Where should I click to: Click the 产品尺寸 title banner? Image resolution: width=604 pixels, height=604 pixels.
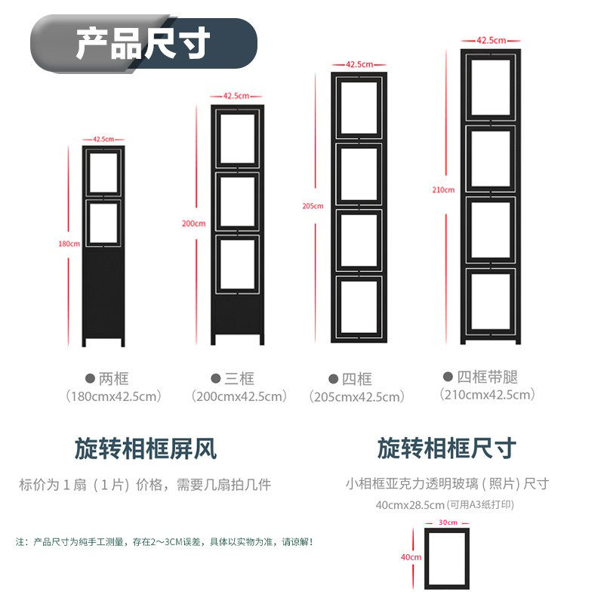pyautogui.click(x=143, y=43)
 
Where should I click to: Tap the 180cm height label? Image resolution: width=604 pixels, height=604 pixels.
pyautogui.click(x=69, y=244)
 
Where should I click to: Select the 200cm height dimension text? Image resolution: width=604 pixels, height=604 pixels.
pyautogui.click(x=194, y=223)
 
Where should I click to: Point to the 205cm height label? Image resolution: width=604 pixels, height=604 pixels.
pyautogui.click(x=313, y=206)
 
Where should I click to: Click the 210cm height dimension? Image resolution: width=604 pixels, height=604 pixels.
pyautogui.click(x=443, y=190)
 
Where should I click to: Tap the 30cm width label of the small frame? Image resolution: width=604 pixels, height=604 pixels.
pyautogui.click(x=448, y=522)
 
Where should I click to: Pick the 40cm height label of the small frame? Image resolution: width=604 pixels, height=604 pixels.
pyautogui.click(x=411, y=557)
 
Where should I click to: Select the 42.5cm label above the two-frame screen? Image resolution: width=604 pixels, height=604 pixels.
pyautogui.click(x=103, y=139)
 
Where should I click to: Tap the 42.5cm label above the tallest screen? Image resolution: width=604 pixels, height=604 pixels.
pyautogui.click(x=492, y=41)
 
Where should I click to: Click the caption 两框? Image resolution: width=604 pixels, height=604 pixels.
pyautogui.click(x=113, y=379)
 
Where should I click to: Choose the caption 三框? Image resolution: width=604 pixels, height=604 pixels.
pyautogui.click(x=239, y=379)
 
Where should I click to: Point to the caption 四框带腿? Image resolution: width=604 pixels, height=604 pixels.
pyautogui.click(x=487, y=377)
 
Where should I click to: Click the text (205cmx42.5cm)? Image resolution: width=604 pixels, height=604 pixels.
pyautogui.click(x=357, y=397)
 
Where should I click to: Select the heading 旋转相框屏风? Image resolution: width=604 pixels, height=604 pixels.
pyautogui.click(x=146, y=448)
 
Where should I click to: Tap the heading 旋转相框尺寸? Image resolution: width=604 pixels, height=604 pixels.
pyautogui.click(x=447, y=448)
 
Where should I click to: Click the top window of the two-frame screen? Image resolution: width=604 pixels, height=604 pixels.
pyautogui.click(x=103, y=173)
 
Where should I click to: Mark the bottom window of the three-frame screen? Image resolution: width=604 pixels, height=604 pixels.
pyautogui.click(x=237, y=264)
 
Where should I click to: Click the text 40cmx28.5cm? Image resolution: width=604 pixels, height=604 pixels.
pyautogui.click(x=410, y=504)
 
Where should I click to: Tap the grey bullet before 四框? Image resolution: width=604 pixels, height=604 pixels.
pyautogui.click(x=333, y=379)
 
